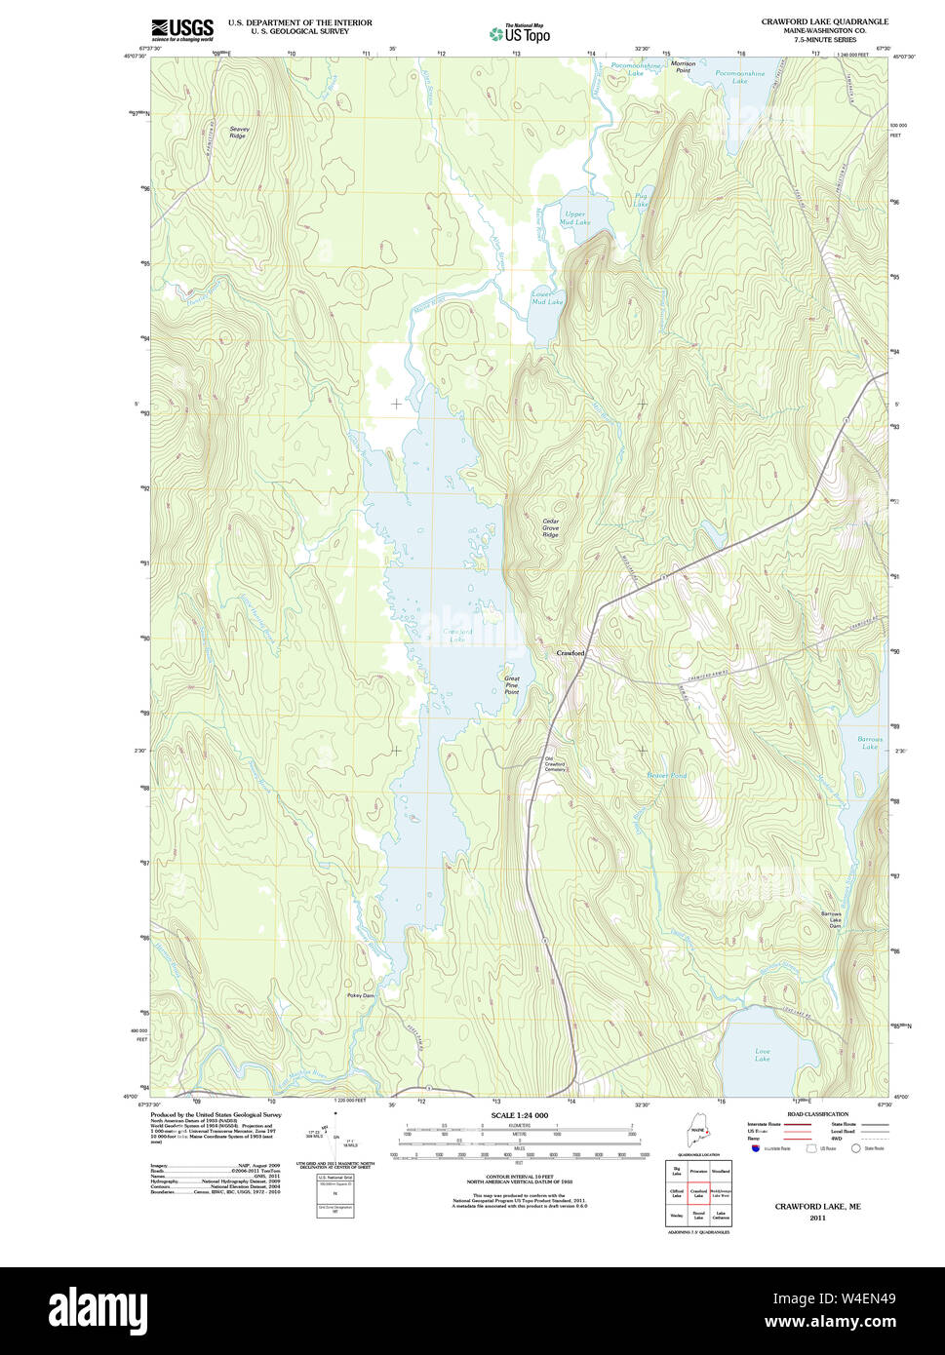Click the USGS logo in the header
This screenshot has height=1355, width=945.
click(x=182, y=29)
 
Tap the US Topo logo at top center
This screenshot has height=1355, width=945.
click(x=519, y=33)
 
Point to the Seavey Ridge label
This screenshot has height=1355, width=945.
click(x=239, y=132)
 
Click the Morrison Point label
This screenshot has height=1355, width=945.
click(x=683, y=67)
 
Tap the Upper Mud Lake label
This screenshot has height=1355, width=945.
click(x=574, y=217)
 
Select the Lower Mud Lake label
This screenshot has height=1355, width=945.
click(x=547, y=298)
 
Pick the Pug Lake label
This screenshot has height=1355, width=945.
click(x=640, y=201)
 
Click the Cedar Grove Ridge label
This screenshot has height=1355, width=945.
click(x=551, y=527)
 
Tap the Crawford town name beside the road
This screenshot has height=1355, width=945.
click(x=571, y=652)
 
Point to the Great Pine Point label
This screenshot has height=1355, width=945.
click(x=512, y=685)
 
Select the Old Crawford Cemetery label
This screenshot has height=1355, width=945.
click(x=555, y=764)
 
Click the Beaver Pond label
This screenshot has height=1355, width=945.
click(x=666, y=776)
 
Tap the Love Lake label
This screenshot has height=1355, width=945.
click(x=763, y=1055)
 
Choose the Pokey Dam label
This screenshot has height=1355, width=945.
click(x=360, y=995)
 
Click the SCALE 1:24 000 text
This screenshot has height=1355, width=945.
click(x=519, y=1115)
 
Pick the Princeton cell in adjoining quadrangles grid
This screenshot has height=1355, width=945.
click(x=698, y=1170)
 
